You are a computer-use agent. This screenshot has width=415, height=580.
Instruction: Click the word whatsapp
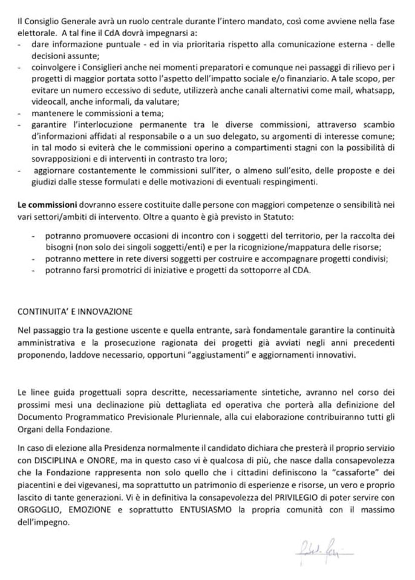(377, 90)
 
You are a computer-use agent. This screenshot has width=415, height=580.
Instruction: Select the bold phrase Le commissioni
(47, 205)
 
